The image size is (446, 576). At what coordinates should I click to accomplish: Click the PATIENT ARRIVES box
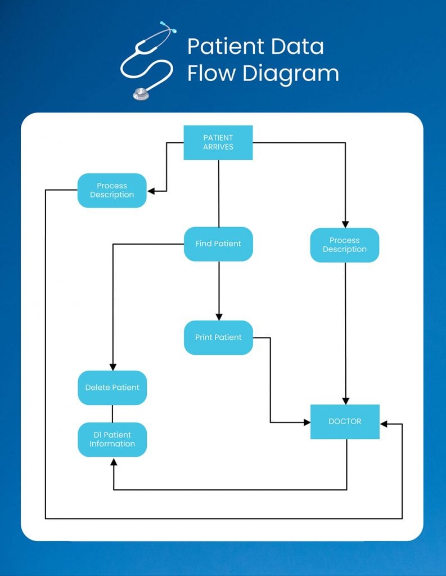(x=218, y=142)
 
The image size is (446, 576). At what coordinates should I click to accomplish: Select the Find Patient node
(x=218, y=244)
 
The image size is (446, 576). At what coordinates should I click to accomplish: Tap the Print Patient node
(x=218, y=337)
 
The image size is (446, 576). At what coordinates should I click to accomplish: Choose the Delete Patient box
(x=112, y=388)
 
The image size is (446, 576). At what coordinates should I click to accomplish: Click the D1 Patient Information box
(x=112, y=439)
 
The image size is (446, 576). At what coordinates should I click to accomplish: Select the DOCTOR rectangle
(x=345, y=421)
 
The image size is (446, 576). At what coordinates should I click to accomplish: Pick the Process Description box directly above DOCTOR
(x=345, y=245)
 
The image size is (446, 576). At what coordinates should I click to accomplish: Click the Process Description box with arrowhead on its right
(x=112, y=190)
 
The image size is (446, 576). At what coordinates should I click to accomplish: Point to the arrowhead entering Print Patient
(x=219, y=316)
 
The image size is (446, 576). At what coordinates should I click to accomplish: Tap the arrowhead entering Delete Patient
(x=113, y=367)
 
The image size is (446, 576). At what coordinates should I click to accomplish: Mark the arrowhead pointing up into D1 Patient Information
(x=114, y=461)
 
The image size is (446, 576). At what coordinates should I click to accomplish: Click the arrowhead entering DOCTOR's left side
(x=307, y=422)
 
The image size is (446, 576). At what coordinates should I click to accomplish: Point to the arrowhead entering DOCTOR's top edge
(x=345, y=400)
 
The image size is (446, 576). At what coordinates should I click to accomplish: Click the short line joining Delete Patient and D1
(x=112, y=413)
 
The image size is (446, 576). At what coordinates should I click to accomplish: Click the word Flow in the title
(x=212, y=74)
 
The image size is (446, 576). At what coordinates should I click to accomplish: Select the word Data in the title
(x=299, y=47)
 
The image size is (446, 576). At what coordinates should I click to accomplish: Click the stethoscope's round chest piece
(x=141, y=94)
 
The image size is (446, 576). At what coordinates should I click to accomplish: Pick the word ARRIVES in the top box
(x=218, y=147)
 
